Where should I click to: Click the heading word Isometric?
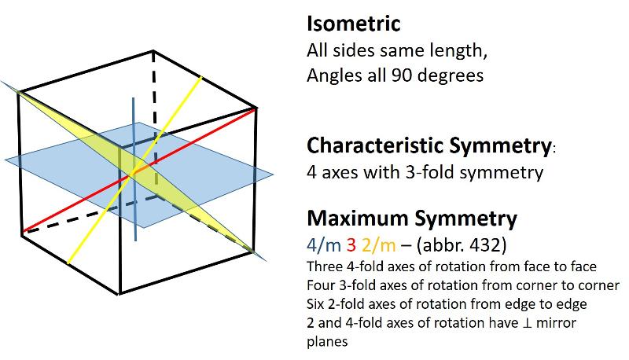point(354,24)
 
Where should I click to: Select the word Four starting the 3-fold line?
point(320,284)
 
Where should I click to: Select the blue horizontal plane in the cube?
point(212,169)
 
